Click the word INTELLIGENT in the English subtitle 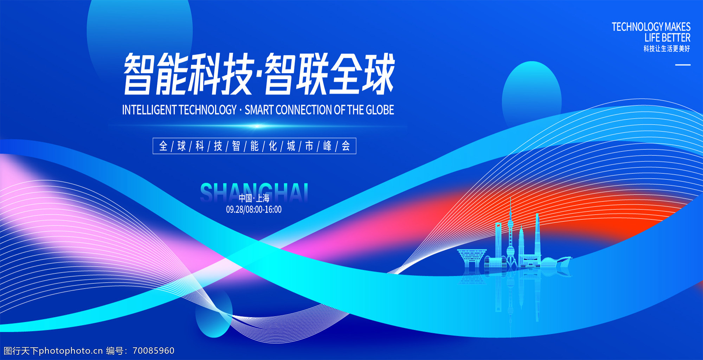pyautogui.click(x=149, y=110)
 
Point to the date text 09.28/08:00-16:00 pyautogui.click(x=254, y=210)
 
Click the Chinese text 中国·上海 pyautogui.click(x=254, y=198)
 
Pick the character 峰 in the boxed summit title pyautogui.click(x=327, y=146)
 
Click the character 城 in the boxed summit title pyautogui.click(x=291, y=146)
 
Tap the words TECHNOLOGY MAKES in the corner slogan pyautogui.click(x=651, y=27)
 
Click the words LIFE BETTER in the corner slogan pyautogui.click(x=667, y=38)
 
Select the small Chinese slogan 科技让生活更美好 pyautogui.click(x=667, y=49)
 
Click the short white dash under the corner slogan pyautogui.click(x=683, y=65)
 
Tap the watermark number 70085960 pyautogui.click(x=154, y=351)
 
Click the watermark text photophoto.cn pyautogui.click(x=71, y=351)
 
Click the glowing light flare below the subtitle pyautogui.click(x=257, y=126)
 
